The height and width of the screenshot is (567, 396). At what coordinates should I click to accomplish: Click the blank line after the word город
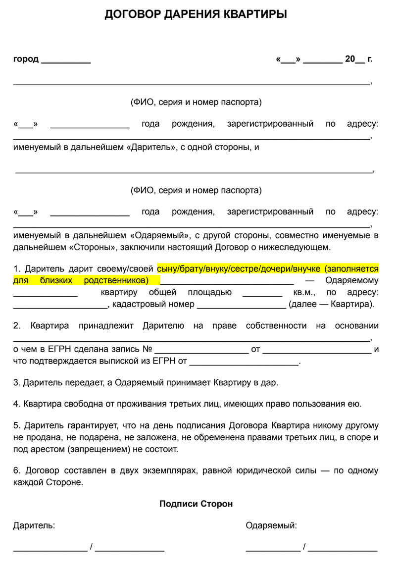coord(66,61)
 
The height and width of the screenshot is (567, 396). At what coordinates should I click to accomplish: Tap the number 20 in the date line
coord(350,59)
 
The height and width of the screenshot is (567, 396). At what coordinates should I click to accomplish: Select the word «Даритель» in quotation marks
coord(149,147)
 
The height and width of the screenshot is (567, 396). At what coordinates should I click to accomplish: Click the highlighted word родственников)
coord(117,280)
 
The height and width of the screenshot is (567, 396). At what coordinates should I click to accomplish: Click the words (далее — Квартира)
coord(332,304)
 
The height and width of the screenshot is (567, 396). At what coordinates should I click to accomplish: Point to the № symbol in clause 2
coord(147,349)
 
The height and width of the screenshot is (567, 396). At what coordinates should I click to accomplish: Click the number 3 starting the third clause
coord(16,383)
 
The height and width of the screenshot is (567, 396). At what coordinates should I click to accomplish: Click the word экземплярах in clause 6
coord(161,470)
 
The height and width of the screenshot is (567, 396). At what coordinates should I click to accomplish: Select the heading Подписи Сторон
coord(196,504)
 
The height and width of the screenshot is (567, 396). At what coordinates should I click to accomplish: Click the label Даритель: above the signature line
coord(34,525)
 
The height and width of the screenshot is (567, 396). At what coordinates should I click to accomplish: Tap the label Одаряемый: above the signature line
coord(271,525)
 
